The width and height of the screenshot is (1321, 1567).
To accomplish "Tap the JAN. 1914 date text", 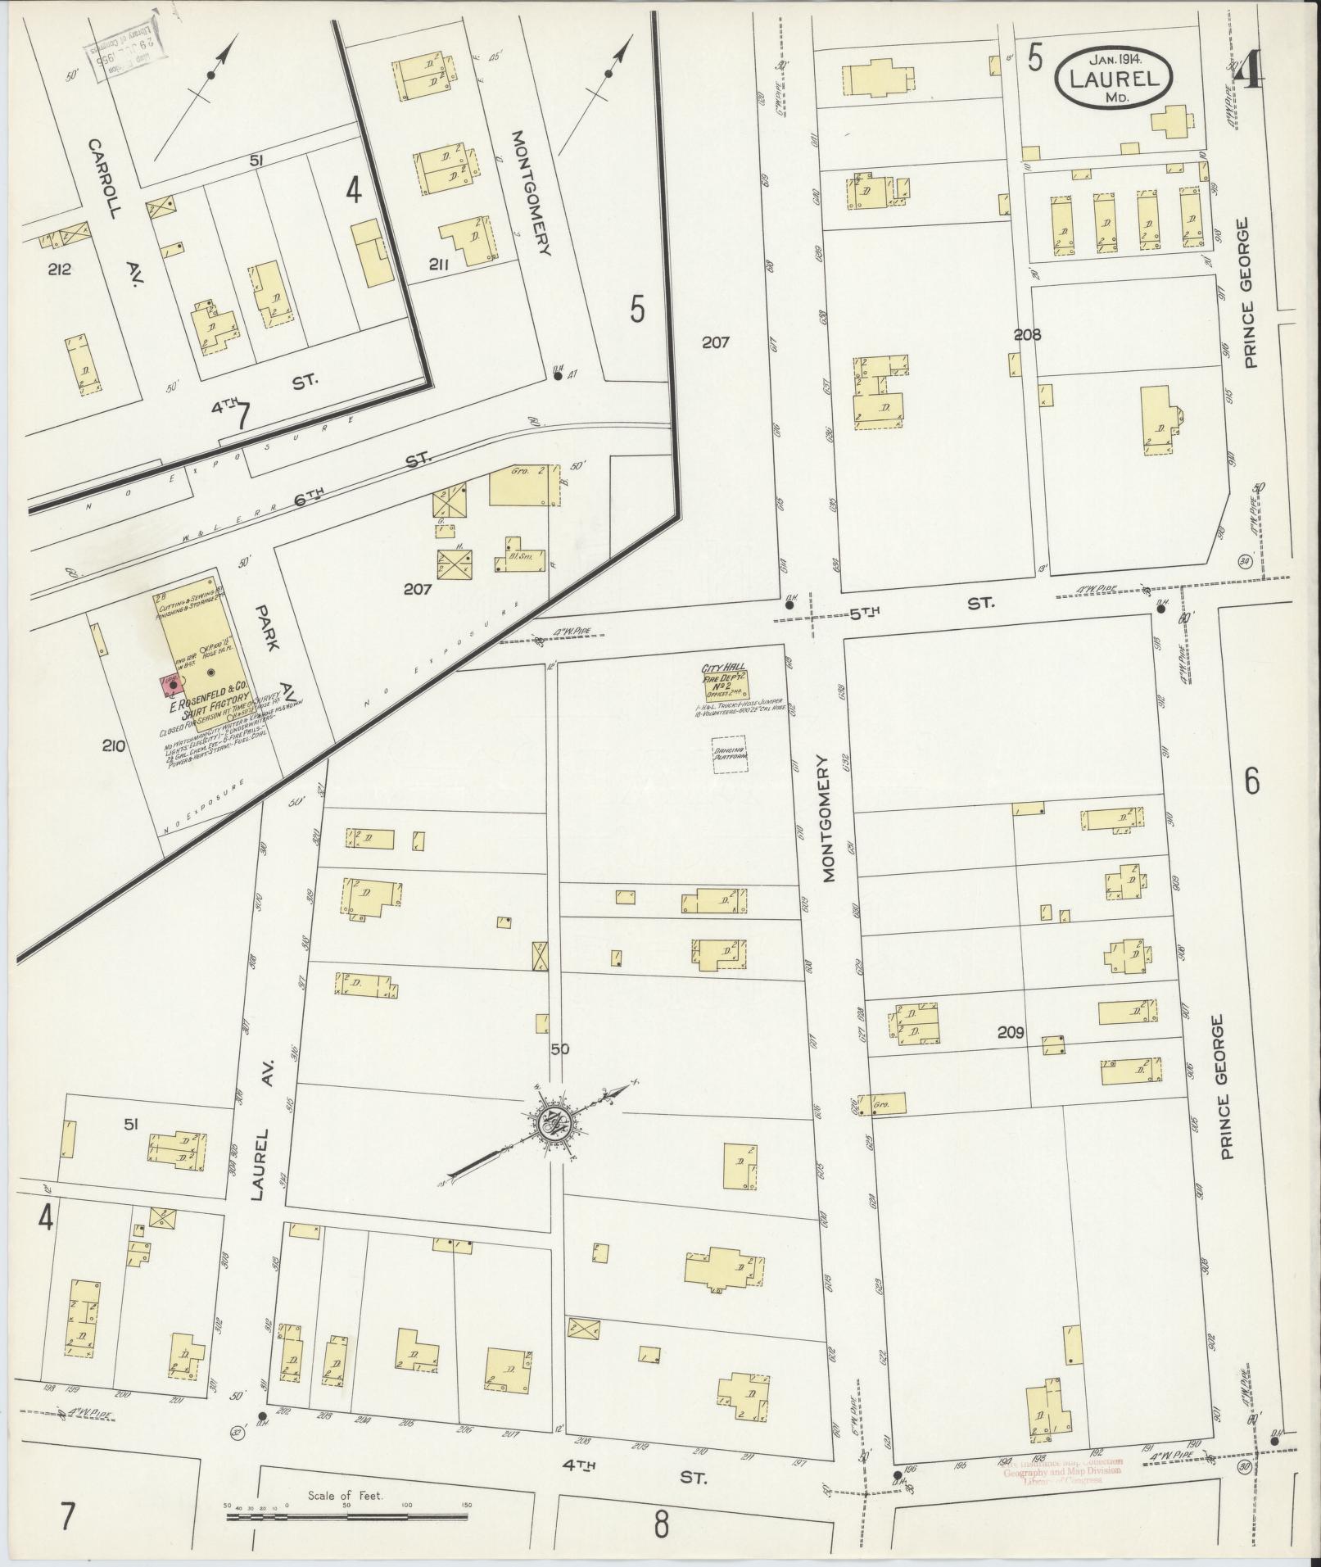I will (1116, 59).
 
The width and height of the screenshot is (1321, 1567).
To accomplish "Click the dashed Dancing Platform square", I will (728, 755).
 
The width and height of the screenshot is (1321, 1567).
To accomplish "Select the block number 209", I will (1011, 1033).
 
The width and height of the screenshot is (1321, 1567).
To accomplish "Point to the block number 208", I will (1026, 334).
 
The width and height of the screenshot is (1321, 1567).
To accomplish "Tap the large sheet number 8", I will (661, 1524).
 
